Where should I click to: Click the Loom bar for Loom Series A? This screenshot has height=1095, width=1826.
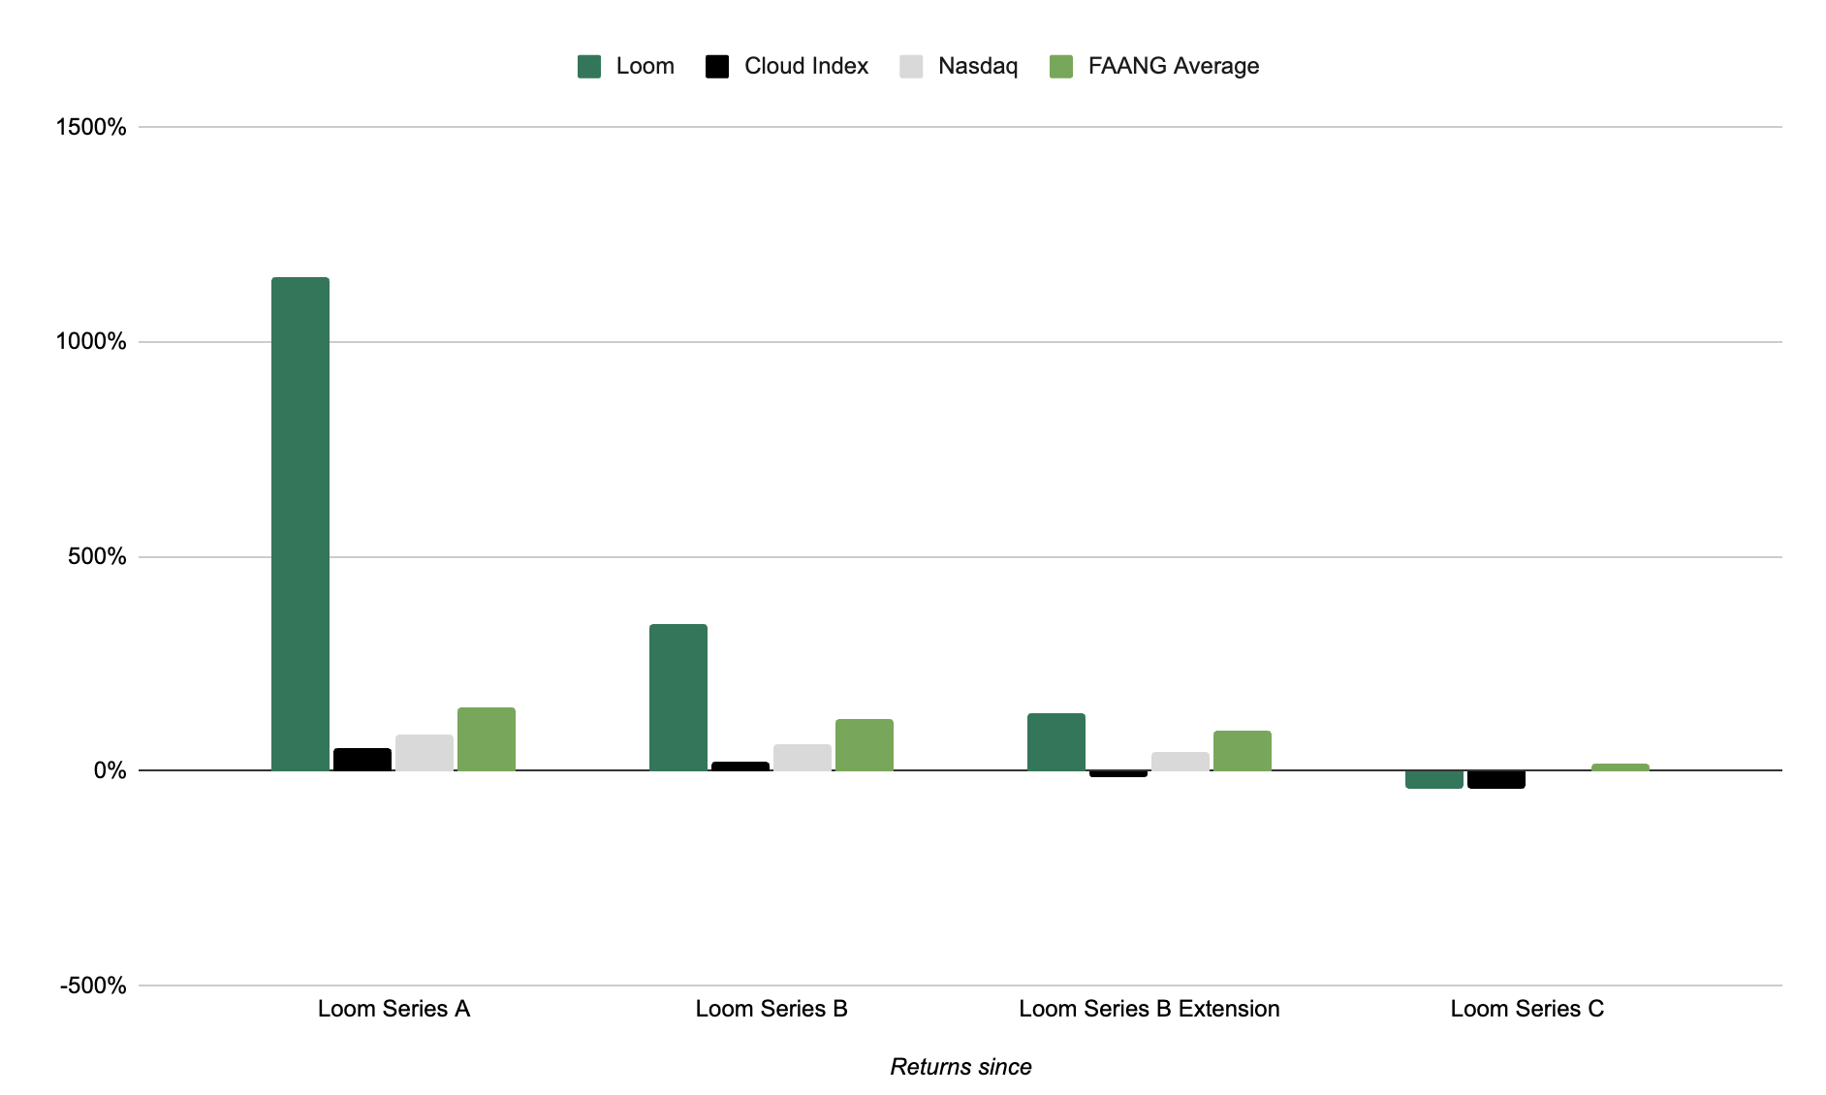click(x=299, y=523)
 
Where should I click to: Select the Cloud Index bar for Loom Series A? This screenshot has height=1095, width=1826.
click(x=362, y=760)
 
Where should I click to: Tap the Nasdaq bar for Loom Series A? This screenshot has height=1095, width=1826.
click(x=424, y=753)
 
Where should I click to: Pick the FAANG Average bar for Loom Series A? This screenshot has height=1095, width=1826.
click(x=486, y=739)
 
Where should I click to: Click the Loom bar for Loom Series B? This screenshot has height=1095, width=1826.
click(x=677, y=697)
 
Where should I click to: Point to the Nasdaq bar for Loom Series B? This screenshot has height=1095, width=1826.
click(x=802, y=758)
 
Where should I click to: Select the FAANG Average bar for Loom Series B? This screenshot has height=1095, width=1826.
click(x=864, y=745)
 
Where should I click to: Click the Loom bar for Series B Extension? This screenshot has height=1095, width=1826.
click(x=1055, y=742)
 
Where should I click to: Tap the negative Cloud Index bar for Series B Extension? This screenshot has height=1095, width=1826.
click(x=1118, y=774)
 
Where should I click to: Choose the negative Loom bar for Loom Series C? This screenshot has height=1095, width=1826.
click(x=1433, y=779)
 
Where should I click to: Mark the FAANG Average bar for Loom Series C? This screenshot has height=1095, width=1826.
click(x=1620, y=767)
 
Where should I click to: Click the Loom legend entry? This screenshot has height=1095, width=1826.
click(x=626, y=66)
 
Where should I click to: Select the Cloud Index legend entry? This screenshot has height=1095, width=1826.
click(x=787, y=66)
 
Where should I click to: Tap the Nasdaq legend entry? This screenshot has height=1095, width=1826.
click(x=959, y=66)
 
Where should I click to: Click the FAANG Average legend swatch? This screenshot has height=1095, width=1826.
click(x=1061, y=67)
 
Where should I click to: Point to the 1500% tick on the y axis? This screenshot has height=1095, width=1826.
click(x=91, y=127)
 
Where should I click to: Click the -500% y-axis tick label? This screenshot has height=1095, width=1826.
click(x=93, y=985)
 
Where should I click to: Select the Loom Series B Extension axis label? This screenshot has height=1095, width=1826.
click(x=1149, y=1009)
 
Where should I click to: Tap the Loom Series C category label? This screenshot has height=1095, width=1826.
click(x=1527, y=1009)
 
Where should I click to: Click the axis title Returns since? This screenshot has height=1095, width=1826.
click(x=960, y=1067)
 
